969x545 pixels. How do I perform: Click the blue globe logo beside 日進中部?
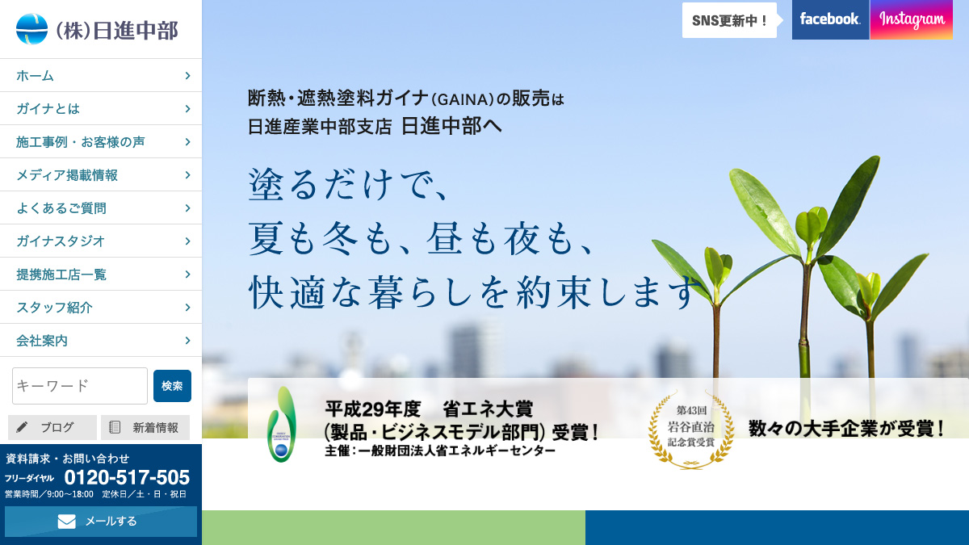pos(31,29)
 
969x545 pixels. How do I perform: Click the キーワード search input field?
pos(80,386)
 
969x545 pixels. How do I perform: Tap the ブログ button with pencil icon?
pos(52,427)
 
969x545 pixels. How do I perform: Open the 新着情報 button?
pos(145,427)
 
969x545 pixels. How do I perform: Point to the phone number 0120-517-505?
pos(127,477)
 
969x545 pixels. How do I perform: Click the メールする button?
pos(101,522)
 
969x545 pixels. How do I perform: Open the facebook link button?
pos(830,19)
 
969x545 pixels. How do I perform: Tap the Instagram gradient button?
pos(912,19)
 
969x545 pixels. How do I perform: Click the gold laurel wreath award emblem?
pos(690,429)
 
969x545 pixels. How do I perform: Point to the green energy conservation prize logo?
pos(282,424)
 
